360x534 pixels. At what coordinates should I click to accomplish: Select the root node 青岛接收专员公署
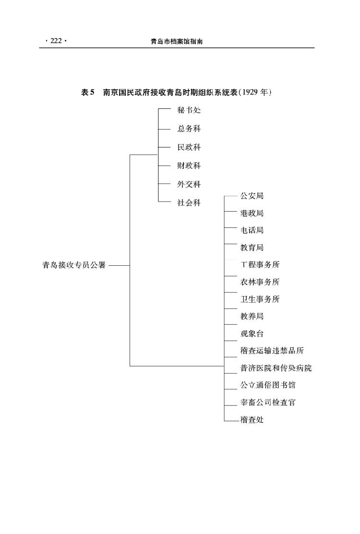[74, 265]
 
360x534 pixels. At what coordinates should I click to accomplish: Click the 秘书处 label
[189, 110]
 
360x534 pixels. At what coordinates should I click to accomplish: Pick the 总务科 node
[189, 129]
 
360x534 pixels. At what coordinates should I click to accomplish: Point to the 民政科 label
[189, 147]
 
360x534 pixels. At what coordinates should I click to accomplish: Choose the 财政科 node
[189, 166]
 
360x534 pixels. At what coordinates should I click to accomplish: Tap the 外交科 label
[189, 184]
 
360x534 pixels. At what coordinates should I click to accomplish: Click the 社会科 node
[189, 203]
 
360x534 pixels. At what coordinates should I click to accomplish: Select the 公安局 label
[252, 196]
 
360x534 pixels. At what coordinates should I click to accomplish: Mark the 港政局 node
[252, 213]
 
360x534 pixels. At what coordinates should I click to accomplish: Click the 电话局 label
[252, 230]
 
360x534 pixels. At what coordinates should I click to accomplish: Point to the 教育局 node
[252, 248]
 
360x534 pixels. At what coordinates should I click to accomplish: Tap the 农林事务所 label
[260, 282]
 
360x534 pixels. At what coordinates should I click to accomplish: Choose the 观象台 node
[252, 334]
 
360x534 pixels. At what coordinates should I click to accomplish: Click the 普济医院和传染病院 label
[276, 368]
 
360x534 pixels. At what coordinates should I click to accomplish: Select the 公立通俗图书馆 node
[268, 385]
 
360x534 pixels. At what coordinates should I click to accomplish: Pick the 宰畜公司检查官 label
[268, 403]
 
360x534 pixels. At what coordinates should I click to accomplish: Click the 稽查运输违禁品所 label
[272, 351]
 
